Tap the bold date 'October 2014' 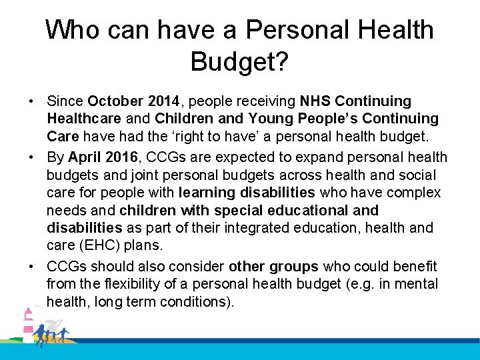click(133, 101)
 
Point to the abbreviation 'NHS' click(315, 101)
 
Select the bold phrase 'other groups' click(273, 267)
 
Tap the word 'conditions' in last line click(197, 302)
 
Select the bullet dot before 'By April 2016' click(32, 158)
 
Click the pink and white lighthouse click(29, 322)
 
